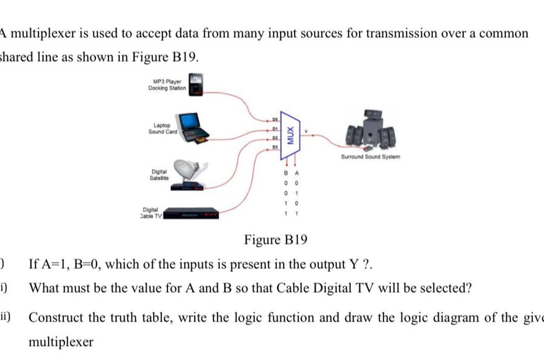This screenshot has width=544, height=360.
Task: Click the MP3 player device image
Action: pyautogui.click(x=196, y=84)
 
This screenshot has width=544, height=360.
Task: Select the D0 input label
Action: pyautogui.click(x=275, y=120)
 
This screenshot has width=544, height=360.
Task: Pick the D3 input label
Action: pyautogui.click(x=275, y=147)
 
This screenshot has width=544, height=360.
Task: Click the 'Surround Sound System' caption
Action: pyautogui.click(x=370, y=157)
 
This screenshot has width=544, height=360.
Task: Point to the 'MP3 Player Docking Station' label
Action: pyautogui.click(x=167, y=85)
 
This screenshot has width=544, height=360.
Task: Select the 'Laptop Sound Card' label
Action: pyautogui.click(x=162, y=128)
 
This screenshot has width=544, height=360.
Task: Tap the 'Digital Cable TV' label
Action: pyautogui.click(x=151, y=212)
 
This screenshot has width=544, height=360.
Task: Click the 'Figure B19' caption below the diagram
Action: pyautogui.click(x=276, y=239)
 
